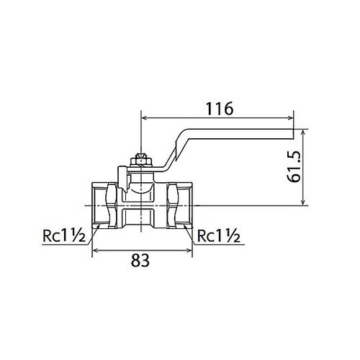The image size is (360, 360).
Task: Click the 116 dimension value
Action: pyautogui.click(x=220, y=108)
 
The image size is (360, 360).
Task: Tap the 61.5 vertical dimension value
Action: pyautogui.click(x=294, y=166)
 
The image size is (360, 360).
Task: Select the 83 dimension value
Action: pyautogui.click(x=140, y=261)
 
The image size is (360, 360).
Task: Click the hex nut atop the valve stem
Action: pyautogui.click(x=141, y=161)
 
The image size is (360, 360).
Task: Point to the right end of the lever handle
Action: pyautogui.click(x=293, y=134)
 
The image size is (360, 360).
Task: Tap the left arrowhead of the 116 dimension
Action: pyautogui.click(x=144, y=117)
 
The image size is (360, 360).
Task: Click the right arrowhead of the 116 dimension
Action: pyautogui.click(x=291, y=117)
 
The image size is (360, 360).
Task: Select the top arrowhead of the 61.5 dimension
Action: pyautogui.click(x=304, y=132)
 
